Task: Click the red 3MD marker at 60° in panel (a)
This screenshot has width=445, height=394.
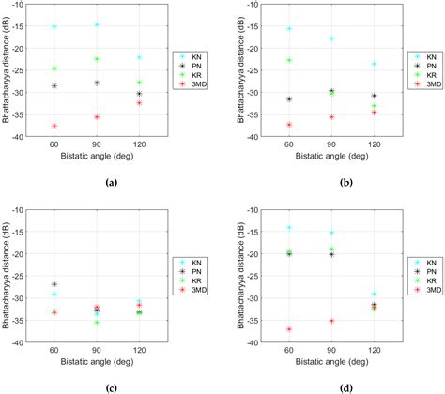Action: tap(54, 126)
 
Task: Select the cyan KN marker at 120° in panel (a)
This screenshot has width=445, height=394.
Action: tap(139, 57)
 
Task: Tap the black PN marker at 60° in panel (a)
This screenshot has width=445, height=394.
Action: tap(54, 86)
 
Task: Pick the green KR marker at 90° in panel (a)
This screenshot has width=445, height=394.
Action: tap(97, 59)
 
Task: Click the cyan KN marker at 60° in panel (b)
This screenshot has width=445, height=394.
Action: tap(289, 29)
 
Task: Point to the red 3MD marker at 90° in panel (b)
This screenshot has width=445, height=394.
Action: tap(331, 117)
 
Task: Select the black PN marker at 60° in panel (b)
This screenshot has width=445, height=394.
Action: tap(289, 99)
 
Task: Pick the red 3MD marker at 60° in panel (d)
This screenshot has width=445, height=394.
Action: tap(289, 329)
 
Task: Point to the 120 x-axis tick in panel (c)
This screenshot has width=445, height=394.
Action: tap(139, 351)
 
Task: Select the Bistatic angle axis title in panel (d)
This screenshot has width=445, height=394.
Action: tap(331, 362)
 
